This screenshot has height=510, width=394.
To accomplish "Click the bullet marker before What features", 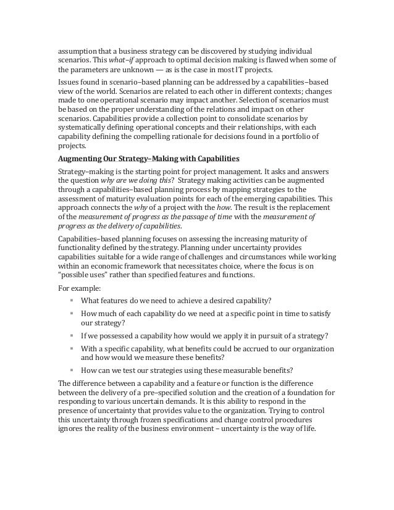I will click(x=72, y=301).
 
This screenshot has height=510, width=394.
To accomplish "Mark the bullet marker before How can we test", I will click(x=72, y=370).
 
